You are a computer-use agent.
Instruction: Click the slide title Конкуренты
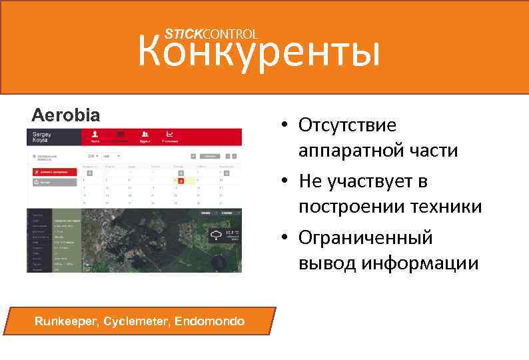(259, 53)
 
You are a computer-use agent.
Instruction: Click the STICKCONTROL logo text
(211, 33)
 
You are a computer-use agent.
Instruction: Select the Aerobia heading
(66, 115)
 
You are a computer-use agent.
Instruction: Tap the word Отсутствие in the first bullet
(347, 125)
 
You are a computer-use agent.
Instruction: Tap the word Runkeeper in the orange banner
(67, 321)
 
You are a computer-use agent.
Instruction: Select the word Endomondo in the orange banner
(210, 321)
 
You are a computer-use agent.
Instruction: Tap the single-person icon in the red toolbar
(95, 135)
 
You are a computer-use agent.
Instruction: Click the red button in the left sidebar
(53, 171)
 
